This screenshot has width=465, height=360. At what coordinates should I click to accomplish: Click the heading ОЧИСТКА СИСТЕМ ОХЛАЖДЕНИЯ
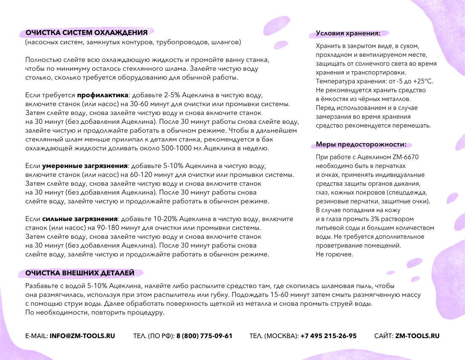coord(86,33)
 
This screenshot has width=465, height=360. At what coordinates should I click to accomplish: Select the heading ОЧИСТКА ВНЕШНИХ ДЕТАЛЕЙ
coord(80,273)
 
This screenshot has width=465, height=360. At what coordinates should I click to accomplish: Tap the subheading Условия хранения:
coord(348,33)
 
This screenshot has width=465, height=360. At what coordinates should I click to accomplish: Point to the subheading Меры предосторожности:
coord(361,145)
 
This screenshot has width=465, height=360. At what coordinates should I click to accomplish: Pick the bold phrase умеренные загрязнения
coord(85,166)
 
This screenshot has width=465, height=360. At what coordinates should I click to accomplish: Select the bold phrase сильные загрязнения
coord(80,219)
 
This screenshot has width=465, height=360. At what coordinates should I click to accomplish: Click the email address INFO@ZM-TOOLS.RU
coord(82,336)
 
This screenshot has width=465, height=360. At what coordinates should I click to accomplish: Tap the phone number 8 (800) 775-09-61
coord(204,336)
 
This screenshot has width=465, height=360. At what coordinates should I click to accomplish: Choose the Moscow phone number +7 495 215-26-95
coord(329,336)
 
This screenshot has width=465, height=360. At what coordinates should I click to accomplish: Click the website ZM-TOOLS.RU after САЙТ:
coord(417,336)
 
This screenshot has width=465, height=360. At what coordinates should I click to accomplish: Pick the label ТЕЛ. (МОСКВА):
coord(274,336)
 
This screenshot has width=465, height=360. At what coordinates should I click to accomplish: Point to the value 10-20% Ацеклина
coord(147,219)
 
